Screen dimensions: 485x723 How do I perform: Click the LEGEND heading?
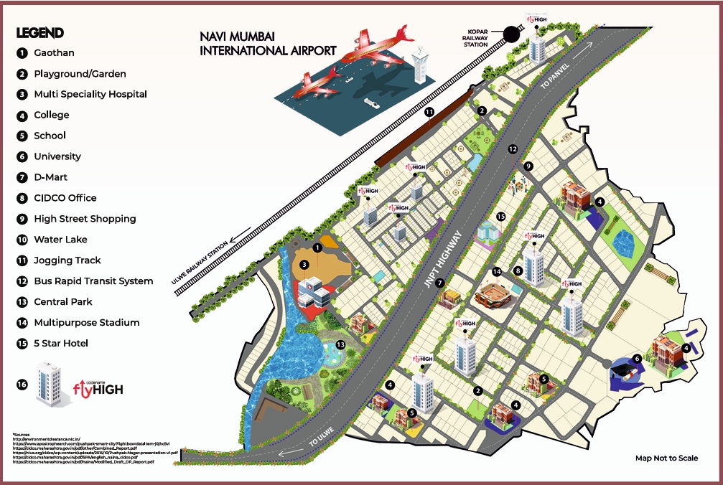coord(40,32)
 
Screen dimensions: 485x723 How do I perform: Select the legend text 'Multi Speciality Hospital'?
coord(90,94)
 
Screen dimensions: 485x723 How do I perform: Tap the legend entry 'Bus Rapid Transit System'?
coord(93,281)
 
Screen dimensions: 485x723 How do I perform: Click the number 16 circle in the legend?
coord(23,385)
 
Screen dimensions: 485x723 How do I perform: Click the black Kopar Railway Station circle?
coord(511,34)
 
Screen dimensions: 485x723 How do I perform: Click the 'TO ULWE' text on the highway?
coord(322,443)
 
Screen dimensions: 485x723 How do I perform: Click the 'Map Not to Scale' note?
coord(666,458)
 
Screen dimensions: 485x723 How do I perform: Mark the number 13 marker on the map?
coord(340,344)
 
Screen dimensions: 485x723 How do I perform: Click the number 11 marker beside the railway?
coord(429,112)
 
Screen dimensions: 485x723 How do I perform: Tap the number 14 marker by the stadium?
coord(496,271)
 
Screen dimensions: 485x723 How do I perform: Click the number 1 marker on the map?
coord(317,248)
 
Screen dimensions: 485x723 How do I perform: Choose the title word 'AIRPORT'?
coord(309,51)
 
